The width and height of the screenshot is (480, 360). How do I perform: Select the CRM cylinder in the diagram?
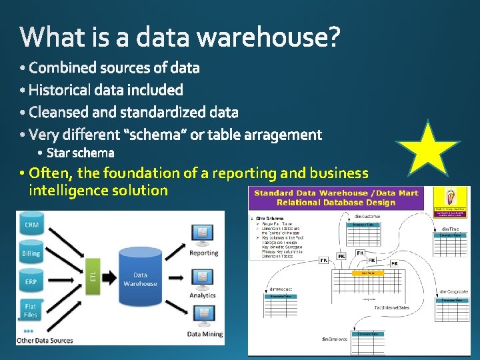pos(31,225)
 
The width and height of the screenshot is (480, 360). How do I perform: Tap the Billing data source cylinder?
pos(31,253)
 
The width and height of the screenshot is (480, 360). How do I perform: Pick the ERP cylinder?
pos(31,282)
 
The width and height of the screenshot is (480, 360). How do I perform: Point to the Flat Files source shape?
pos(31,311)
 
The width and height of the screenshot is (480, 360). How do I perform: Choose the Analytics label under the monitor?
pos(203,295)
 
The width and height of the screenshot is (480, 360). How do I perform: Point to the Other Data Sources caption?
pos(45,341)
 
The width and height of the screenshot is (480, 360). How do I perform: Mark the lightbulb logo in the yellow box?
pos(450,198)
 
